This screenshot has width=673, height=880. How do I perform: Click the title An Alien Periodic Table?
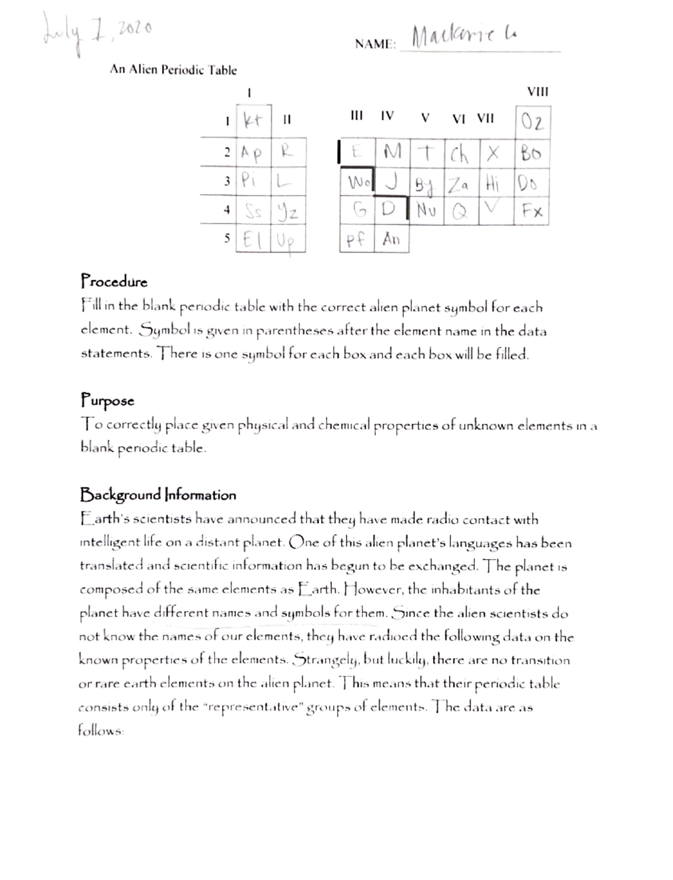(x=173, y=70)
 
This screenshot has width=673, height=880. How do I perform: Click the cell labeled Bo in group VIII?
(x=532, y=153)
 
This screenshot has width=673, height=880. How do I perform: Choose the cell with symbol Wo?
(x=358, y=182)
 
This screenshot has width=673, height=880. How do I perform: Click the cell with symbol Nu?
(x=427, y=212)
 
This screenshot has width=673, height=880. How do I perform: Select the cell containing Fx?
(x=532, y=212)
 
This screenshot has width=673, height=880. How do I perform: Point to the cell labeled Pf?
(x=357, y=240)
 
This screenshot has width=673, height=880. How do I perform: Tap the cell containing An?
(x=391, y=240)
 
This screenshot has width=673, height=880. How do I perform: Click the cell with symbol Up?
(x=288, y=240)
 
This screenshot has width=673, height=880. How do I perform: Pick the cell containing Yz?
(x=288, y=211)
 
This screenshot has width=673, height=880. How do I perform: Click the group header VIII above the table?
(x=538, y=92)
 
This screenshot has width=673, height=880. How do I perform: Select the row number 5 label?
(x=227, y=238)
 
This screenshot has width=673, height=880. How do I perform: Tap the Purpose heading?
(x=108, y=401)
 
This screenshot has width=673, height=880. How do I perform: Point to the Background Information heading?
(x=158, y=495)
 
